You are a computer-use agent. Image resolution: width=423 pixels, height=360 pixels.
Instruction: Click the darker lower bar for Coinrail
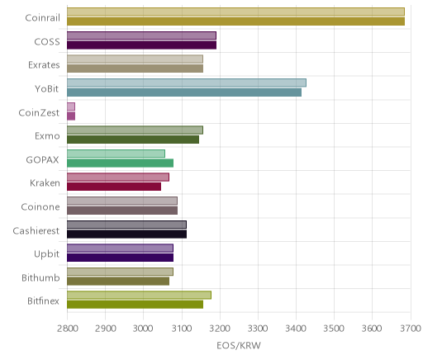coord(235,21)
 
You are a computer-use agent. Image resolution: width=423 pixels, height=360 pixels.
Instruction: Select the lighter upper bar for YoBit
coord(187,83)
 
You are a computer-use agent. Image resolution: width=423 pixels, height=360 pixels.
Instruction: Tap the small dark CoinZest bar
coord(71,116)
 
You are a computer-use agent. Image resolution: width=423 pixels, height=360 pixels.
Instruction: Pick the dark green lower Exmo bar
coord(133,140)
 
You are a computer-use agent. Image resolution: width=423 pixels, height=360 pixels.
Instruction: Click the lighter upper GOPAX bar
coord(116,154)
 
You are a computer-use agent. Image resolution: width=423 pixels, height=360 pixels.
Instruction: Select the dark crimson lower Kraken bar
coord(114,187)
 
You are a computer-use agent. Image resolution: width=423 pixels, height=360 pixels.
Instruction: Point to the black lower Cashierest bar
coord(126,234)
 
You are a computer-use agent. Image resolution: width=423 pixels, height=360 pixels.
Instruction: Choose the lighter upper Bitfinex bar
coord(139,295)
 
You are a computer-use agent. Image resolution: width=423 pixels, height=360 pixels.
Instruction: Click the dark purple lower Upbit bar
coord(120,258)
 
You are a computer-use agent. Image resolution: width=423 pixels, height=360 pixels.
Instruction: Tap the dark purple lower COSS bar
coord(141,45)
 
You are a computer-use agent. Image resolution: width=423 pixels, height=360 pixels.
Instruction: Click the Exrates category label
coord(44,65)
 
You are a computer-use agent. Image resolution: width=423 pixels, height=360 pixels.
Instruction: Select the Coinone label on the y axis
coord(40,206)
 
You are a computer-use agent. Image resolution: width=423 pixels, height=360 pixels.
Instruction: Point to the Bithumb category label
coord(40,277)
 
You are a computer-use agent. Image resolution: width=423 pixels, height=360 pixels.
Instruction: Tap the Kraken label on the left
coord(45,183)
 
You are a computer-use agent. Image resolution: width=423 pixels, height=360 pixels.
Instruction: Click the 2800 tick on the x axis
coord(68,329)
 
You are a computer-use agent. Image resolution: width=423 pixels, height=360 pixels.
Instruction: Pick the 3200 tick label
coord(220,329)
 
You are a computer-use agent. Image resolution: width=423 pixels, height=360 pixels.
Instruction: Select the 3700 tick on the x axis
coord(411,329)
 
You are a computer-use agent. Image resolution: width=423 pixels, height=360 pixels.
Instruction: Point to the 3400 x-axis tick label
coord(296,329)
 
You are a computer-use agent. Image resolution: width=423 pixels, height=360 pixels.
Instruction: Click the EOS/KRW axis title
coord(239,346)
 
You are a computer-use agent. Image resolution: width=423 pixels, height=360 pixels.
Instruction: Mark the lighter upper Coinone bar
coord(122,201)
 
